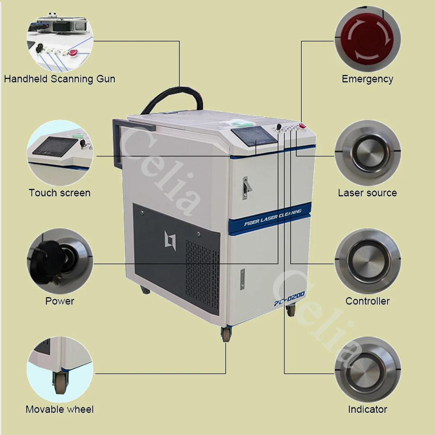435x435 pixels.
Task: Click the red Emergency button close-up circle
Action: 367,39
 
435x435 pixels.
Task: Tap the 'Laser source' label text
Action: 367,192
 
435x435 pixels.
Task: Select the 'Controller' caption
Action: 367,301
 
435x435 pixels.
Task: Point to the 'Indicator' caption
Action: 367,409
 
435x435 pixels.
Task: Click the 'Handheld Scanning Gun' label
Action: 60,79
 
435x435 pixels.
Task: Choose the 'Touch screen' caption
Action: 60,192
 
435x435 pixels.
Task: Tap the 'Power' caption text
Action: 60,301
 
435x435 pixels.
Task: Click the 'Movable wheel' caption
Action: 60,409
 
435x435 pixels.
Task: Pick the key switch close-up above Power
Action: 60,261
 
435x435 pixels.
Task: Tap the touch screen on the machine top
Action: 254,136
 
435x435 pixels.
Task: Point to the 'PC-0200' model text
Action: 289,298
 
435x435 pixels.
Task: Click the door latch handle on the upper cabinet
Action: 246,187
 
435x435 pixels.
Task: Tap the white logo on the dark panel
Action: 170,240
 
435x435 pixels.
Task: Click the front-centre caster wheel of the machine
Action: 226,334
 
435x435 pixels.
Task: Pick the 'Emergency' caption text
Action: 367,79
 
